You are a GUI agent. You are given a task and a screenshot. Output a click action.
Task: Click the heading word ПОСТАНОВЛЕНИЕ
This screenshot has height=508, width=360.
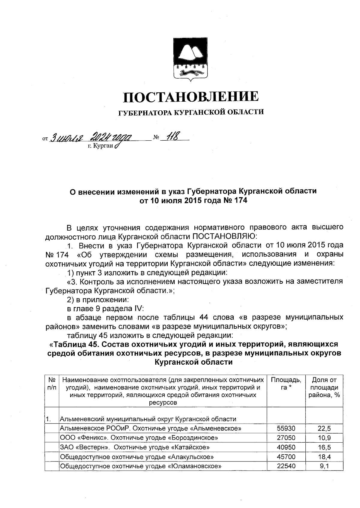[191, 97]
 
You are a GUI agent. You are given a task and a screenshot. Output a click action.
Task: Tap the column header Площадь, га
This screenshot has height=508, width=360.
[286, 384]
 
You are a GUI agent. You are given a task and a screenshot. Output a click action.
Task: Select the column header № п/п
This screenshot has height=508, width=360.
[52, 384]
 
